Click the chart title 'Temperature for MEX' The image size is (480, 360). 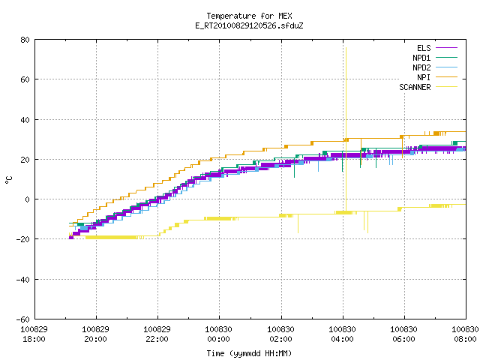tap(249, 16)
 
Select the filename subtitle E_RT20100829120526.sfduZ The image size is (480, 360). tap(249, 25)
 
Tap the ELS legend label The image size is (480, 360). tap(424, 48)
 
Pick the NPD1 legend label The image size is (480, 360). tap(421, 58)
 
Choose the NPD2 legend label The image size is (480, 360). tap(421, 67)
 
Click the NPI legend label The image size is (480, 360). tap(424, 77)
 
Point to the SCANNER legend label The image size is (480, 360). tap(415, 87)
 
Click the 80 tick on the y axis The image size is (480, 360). tap(25, 40)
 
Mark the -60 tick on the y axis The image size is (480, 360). tap(23, 319)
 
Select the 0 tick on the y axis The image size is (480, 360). tap(28, 199)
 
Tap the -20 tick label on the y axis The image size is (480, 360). tap(23, 239)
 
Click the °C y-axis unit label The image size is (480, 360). tap(9, 180)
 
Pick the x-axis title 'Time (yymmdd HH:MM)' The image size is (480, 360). tap(249, 353)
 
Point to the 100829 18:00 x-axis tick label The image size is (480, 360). tap(34, 334)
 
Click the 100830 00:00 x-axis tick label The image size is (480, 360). tap(218, 334)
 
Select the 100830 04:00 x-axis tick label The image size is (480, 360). tap(342, 334)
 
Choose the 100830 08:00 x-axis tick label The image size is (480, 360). tap(465, 334)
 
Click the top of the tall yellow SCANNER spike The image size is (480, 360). tap(346, 48)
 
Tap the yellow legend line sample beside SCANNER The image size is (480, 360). tap(446, 87)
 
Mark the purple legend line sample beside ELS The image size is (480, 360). tap(446, 48)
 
